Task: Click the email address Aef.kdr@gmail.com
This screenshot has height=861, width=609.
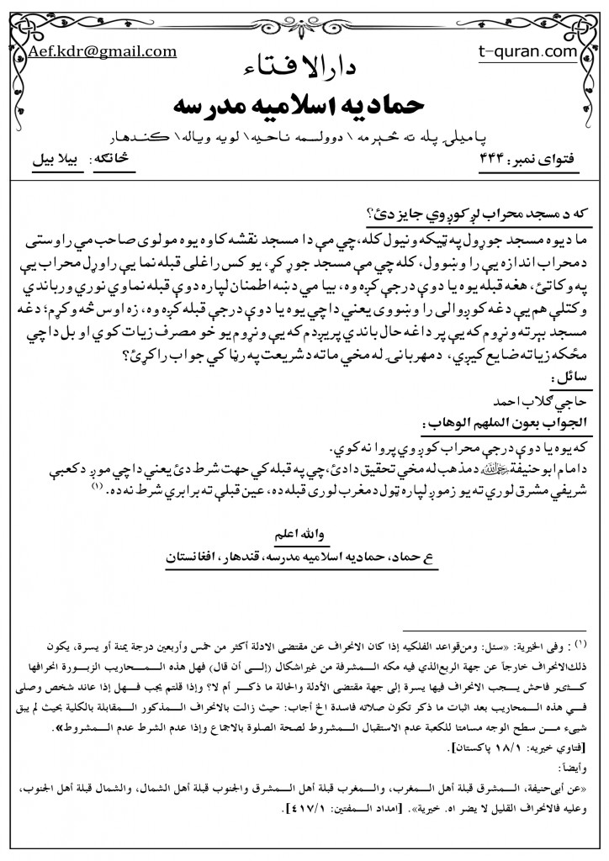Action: pyautogui.click(x=102, y=51)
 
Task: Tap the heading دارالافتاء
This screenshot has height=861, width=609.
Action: pyautogui.click(x=304, y=68)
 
